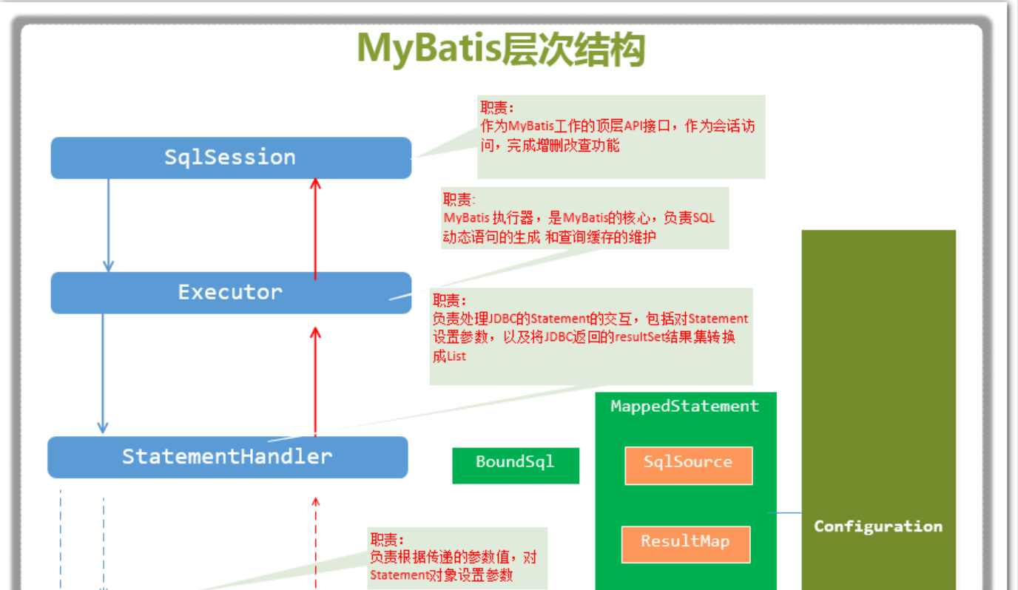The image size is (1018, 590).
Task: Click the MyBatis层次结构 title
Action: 501,49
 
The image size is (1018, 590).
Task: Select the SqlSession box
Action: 230,157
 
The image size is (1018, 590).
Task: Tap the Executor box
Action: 230,292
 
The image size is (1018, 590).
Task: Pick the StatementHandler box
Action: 227,456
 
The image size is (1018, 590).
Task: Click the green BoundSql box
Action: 515,462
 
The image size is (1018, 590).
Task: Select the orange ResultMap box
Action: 685,543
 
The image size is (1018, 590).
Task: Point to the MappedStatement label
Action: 685,406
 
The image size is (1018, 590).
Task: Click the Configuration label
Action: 878,526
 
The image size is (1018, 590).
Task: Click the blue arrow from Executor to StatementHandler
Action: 103,373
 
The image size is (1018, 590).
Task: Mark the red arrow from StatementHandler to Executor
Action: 316,381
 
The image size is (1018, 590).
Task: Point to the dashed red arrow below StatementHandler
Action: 316,543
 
